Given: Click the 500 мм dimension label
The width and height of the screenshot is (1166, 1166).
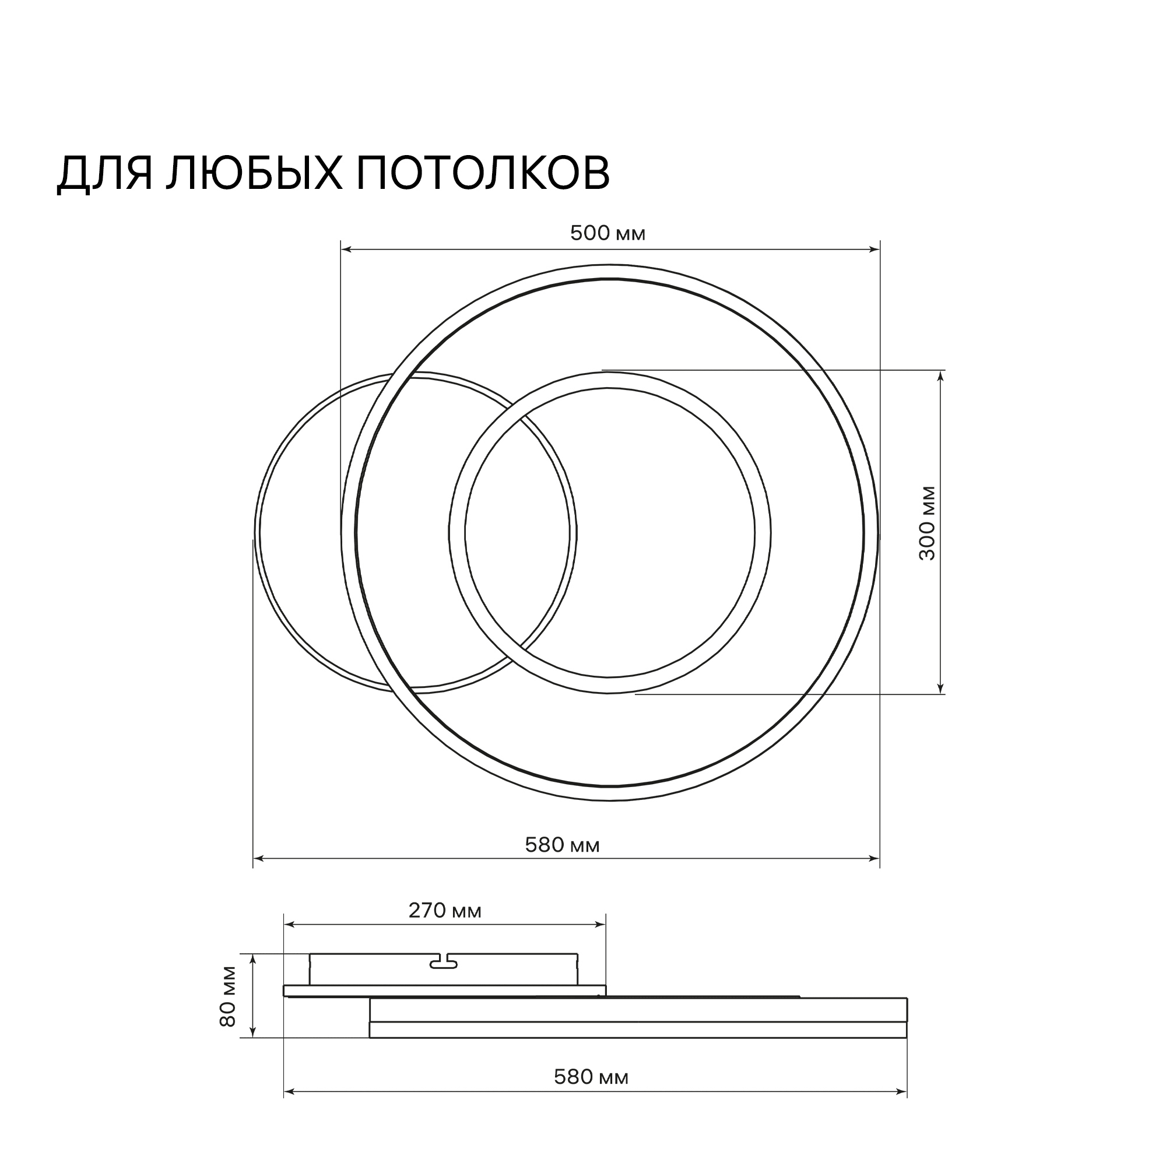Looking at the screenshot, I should click(607, 234).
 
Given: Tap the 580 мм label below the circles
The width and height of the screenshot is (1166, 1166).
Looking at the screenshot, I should click(563, 845).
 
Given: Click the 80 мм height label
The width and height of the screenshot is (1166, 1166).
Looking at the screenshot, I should click(228, 1005).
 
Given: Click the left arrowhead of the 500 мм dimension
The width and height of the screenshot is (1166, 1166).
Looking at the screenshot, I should click(345, 250).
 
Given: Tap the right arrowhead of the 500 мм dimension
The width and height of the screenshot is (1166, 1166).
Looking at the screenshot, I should click(874, 250).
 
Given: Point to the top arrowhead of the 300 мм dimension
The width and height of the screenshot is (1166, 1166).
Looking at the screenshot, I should click(940, 375).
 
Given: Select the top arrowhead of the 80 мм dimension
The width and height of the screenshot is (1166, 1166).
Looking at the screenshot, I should click(254, 958).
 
